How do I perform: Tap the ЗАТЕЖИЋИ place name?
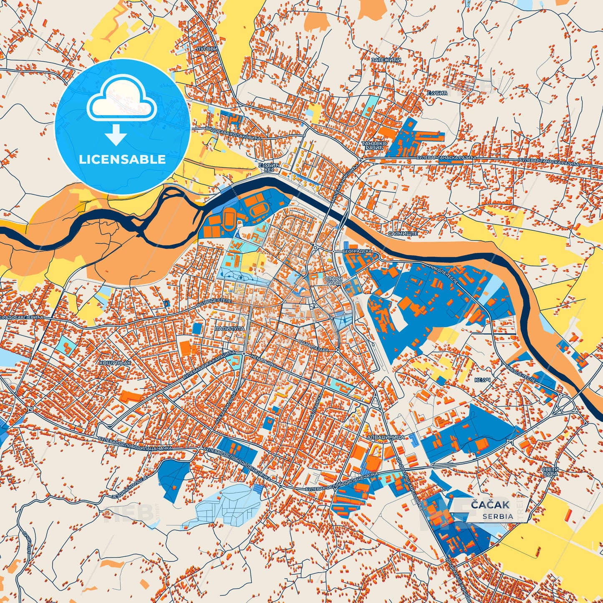[386, 60]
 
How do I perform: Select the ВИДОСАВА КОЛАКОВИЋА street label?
[233, 133]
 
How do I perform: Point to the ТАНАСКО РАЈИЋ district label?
[374, 146]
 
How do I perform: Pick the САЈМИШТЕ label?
[403, 234]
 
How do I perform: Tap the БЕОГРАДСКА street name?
[357, 252]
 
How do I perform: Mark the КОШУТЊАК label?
[115, 363]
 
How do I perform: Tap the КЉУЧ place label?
[481, 380]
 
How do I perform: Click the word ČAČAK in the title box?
[490, 505]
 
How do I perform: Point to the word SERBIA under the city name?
[498, 516]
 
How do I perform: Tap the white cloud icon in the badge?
[122, 99]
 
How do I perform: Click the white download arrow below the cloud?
[116, 136]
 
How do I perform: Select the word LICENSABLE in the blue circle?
[122, 159]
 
